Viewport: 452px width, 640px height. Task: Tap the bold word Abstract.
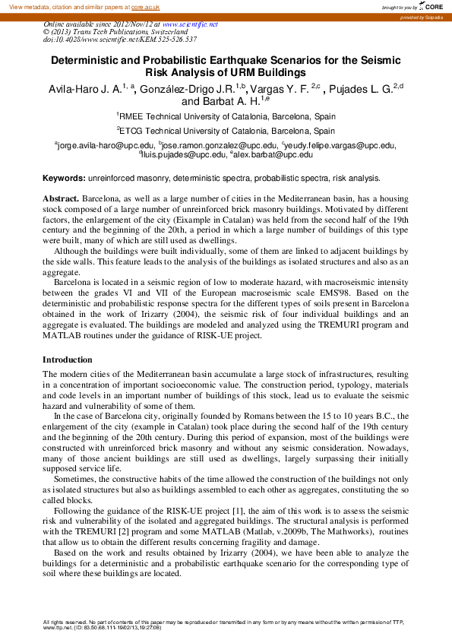[x=61, y=198]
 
